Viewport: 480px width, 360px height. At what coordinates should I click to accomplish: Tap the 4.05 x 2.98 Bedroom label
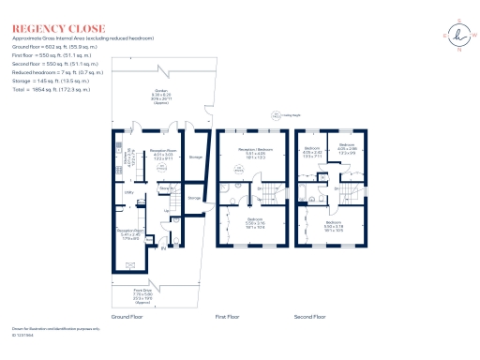pyautogui.click(x=347, y=152)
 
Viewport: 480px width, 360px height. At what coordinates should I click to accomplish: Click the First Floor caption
pyautogui.click(x=228, y=318)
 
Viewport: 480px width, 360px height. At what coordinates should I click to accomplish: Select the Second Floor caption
pyautogui.click(x=309, y=318)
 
